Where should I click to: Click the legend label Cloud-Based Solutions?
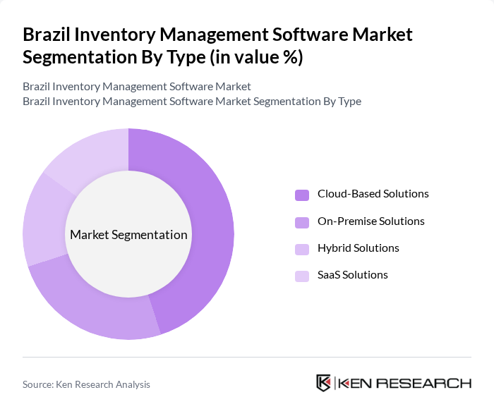pyautogui.click(x=373, y=194)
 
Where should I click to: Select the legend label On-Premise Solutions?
pyautogui.click(x=370, y=221)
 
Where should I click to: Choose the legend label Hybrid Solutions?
pyautogui.click(x=358, y=248)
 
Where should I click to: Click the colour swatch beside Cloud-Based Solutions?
pyautogui.click(x=302, y=195)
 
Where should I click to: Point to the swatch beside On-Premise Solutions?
pyautogui.click(x=302, y=222)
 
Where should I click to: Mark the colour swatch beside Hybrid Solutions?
pyautogui.click(x=302, y=249)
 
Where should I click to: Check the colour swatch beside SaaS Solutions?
pyautogui.click(x=302, y=276)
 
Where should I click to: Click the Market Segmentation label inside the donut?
pyautogui.click(x=128, y=235)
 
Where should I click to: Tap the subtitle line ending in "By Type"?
pyautogui.click(x=192, y=101)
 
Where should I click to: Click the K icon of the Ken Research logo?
pyautogui.click(x=324, y=383)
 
